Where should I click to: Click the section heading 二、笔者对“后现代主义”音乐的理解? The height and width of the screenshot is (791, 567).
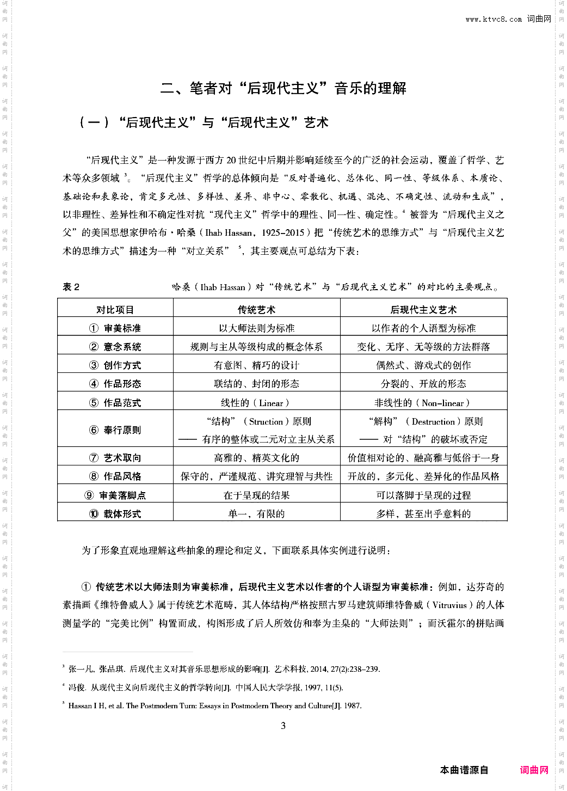tap(283, 88)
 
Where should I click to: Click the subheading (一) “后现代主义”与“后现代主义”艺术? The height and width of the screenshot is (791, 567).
tap(204, 122)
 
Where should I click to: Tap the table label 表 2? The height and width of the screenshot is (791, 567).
tap(71, 287)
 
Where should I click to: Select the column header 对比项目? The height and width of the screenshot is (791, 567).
tap(115, 310)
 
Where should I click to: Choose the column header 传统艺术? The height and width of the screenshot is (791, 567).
tap(256, 310)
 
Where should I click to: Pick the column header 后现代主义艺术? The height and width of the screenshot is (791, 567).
tap(423, 310)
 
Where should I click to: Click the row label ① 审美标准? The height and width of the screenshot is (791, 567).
tap(115, 328)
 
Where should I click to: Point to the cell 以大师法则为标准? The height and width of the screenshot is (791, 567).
tap(256, 328)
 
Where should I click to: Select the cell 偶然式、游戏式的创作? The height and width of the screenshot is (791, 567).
tap(423, 365)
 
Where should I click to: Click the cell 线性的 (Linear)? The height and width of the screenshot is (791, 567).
tap(256, 403)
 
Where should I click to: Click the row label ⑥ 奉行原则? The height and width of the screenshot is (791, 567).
tap(115, 430)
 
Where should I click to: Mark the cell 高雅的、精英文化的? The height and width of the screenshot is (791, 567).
tap(256, 458)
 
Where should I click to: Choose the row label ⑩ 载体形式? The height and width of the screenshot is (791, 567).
tap(115, 514)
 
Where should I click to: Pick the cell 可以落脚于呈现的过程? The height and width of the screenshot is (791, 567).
tap(423, 495)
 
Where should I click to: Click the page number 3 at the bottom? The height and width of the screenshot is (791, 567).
tap(283, 726)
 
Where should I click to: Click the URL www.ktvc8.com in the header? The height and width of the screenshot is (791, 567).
tap(493, 20)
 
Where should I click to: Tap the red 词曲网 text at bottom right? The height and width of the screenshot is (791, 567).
tap(534, 770)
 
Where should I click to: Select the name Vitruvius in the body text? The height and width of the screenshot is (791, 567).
tap(449, 605)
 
